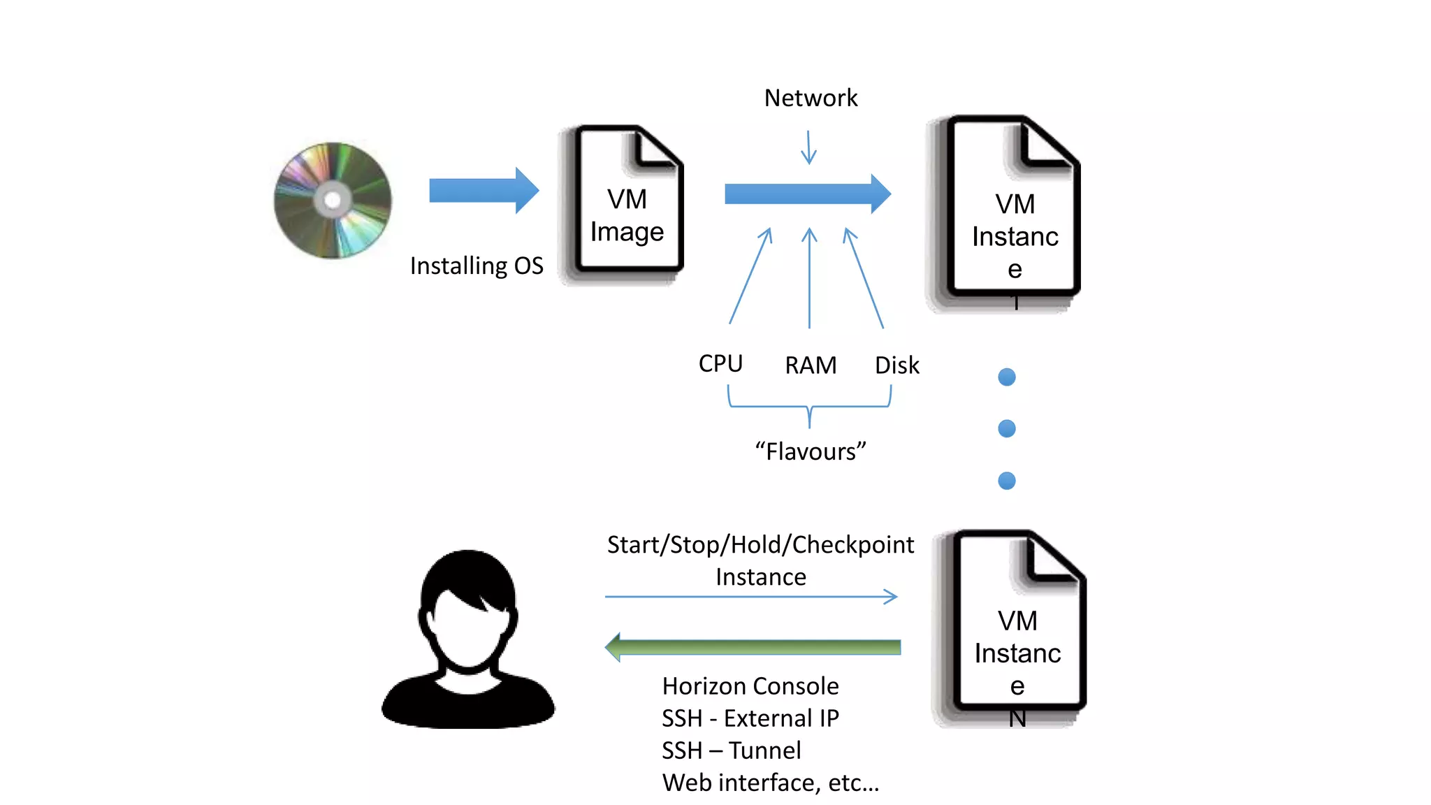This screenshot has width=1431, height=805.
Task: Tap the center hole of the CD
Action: pyautogui.click(x=333, y=201)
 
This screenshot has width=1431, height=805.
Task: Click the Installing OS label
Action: pyautogui.click(x=477, y=266)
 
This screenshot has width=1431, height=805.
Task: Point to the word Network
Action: pyautogui.click(x=811, y=98)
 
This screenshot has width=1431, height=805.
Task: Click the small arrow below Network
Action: pyautogui.click(x=808, y=148)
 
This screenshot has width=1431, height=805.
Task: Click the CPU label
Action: pyautogui.click(x=720, y=363)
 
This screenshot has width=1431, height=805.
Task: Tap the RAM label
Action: pyautogui.click(x=811, y=365)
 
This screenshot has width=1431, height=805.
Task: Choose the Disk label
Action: pyautogui.click(x=897, y=365)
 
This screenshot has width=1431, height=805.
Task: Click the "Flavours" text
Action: pyautogui.click(x=811, y=451)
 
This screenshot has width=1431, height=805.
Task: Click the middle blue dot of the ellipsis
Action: pyautogui.click(x=1007, y=428)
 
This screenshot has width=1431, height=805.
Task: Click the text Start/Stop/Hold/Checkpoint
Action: pyautogui.click(x=760, y=545)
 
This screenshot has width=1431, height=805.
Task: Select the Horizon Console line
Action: pyautogui.click(x=750, y=686)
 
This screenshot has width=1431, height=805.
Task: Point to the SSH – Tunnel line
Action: pyautogui.click(x=732, y=750)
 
